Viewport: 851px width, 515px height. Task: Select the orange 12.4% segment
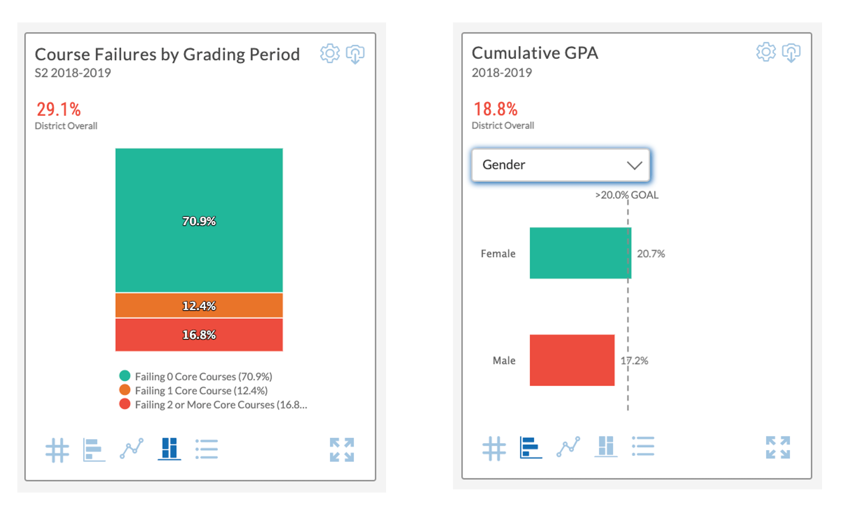pyautogui.click(x=199, y=306)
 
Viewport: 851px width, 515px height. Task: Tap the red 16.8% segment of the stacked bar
pyautogui.click(x=199, y=335)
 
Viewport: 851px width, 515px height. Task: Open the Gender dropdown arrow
pyautogui.click(x=634, y=165)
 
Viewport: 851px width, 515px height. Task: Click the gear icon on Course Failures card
pyautogui.click(x=330, y=54)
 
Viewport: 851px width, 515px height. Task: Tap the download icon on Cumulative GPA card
pyautogui.click(x=791, y=53)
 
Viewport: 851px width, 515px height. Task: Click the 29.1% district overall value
pyautogui.click(x=59, y=109)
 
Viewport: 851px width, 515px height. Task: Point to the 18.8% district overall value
pyautogui.click(x=495, y=109)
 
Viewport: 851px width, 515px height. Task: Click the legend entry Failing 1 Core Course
pyautogui.click(x=201, y=391)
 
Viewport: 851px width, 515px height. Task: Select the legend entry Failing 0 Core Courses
pyautogui.click(x=203, y=376)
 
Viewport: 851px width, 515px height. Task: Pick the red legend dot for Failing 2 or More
pyautogui.click(x=125, y=404)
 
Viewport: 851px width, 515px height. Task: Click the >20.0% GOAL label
pyautogui.click(x=627, y=195)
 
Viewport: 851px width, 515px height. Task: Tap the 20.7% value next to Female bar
pyautogui.click(x=651, y=254)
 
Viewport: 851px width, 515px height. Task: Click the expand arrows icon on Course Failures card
pyautogui.click(x=342, y=450)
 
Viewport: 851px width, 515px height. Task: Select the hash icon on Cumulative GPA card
pyautogui.click(x=494, y=448)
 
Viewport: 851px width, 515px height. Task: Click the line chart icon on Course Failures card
pyautogui.click(x=132, y=448)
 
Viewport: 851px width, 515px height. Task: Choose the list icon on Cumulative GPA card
pyautogui.click(x=643, y=446)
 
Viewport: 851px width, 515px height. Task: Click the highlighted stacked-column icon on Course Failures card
pyautogui.click(x=169, y=448)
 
